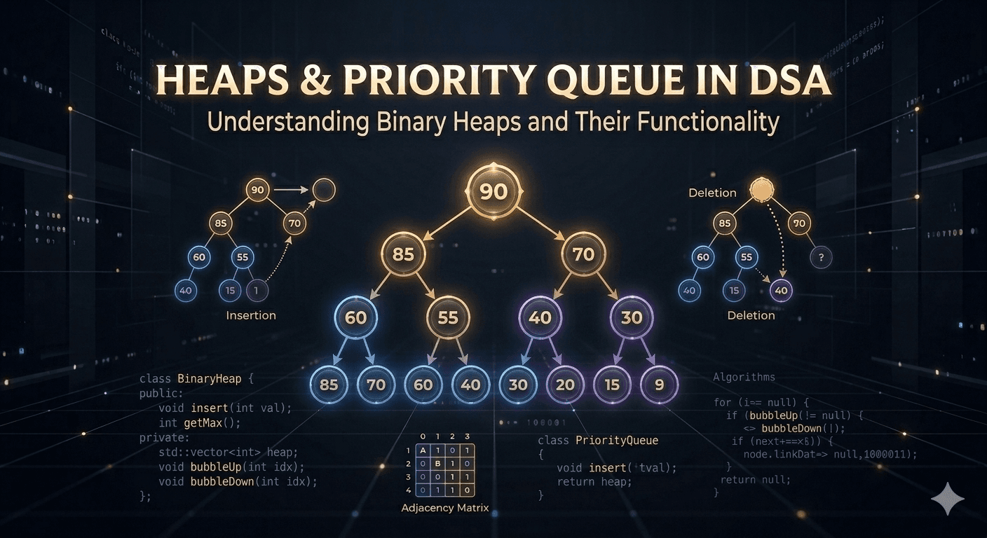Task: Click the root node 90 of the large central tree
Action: [x=494, y=191]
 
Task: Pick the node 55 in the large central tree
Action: [x=447, y=318]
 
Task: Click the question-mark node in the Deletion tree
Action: [x=821, y=258]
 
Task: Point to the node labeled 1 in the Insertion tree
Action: [x=257, y=290]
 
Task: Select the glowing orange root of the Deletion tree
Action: [x=761, y=190]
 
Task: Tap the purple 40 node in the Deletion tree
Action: [x=781, y=290]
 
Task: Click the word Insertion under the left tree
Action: [x=251, y=315]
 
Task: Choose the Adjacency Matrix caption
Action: [x=444, y=507]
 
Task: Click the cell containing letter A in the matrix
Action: [x=423, y=451]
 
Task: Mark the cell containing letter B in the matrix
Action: [x=437, y=464]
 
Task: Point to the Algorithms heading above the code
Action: [x=744, y=377]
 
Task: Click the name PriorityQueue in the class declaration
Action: [x=617, y=441]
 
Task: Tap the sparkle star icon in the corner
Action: [x=947, y=498]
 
